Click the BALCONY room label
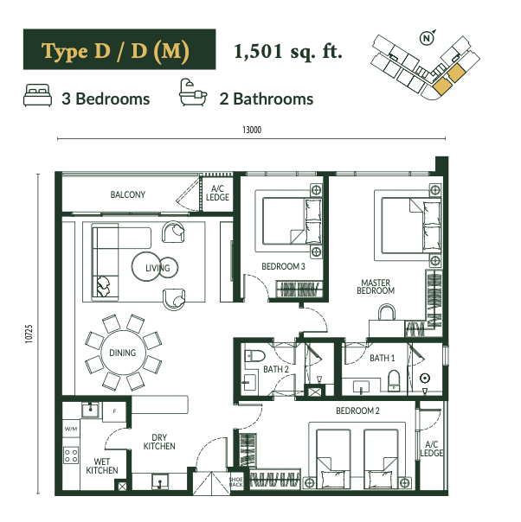point(128,194)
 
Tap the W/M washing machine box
point(71,429)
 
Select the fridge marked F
point(114,411)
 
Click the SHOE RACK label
point(235,481)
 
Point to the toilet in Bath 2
point(254,356)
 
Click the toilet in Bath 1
point(394,380)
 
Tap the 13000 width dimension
point(252,130)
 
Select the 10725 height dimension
point(29,334)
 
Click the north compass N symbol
point(428,38)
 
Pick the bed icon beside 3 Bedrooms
point(37,95)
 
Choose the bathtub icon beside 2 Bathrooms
point(193,92)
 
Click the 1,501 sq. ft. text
point(288,52)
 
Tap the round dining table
point(123,353)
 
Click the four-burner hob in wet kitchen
point(71,455)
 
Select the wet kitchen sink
point(90,410)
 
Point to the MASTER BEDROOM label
point(376,287)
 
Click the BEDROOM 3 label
point(283,266)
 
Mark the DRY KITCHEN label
point(159,442)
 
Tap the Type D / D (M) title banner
point(119,49)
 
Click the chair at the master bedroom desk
point(387,312)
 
